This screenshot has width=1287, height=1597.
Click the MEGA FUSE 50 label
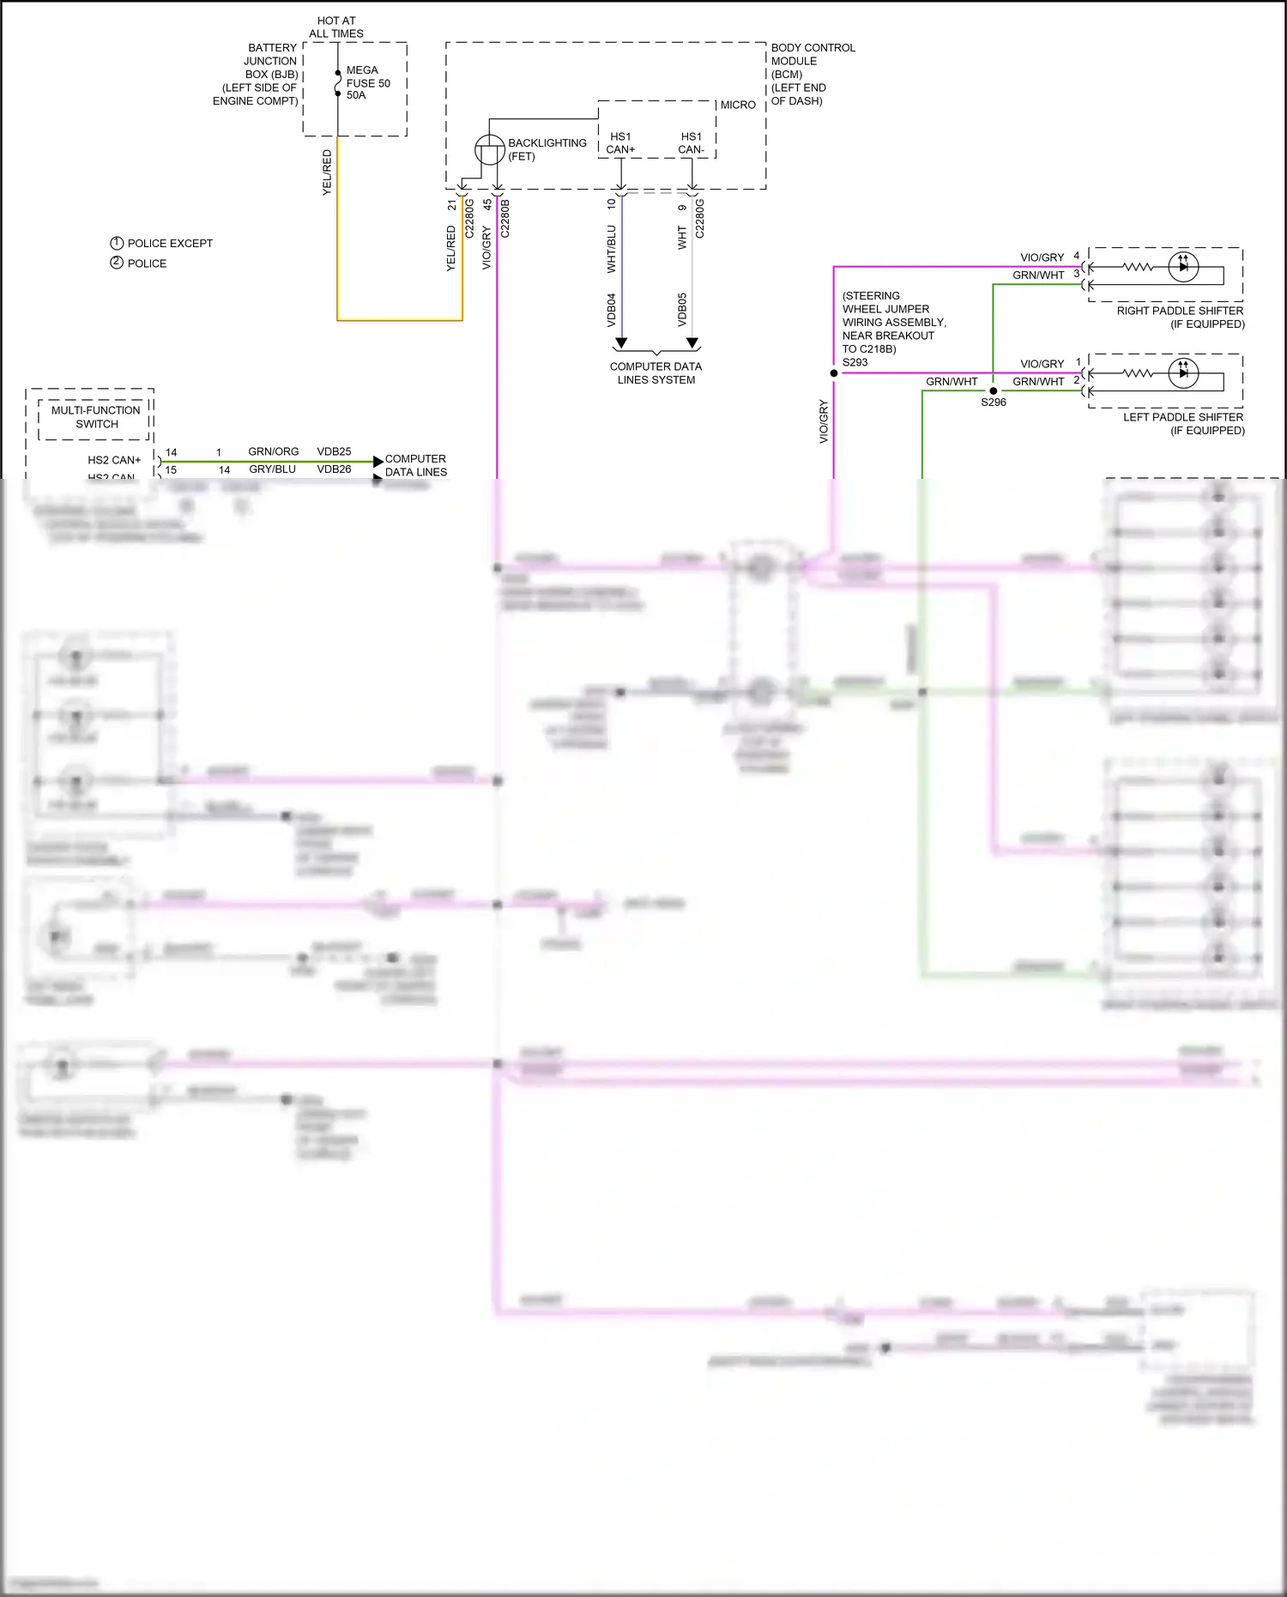tap(367, 82)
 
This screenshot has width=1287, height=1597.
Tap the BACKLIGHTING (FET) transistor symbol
tap(490, 150)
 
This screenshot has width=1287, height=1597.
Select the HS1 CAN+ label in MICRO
tap(620, 143)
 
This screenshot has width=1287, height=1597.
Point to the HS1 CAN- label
tap(691, 143)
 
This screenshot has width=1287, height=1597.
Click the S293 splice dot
tap(834, 373)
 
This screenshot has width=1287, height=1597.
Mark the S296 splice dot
tap(994, 390)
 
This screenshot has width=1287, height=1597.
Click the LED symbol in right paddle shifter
tap(1183, 267)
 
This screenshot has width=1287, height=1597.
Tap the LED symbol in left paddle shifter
tap(1183, 373)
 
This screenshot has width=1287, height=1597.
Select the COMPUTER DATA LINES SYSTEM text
tap(656, 373)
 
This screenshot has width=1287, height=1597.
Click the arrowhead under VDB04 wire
tap(621, 343)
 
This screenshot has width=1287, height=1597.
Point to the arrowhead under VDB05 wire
tap(692, 343)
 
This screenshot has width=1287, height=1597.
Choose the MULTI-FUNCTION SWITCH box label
tap(96, 417)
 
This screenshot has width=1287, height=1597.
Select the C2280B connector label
tap(505, 219)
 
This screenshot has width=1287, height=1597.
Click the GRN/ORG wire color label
tap(273, 451)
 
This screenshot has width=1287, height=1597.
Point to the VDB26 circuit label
tap(334, 469)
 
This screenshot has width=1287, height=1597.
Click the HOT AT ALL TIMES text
tap(336, 27)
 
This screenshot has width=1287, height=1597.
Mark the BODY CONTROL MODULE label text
tap(812, 74)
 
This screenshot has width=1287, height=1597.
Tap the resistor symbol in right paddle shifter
tap(1138, 267)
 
